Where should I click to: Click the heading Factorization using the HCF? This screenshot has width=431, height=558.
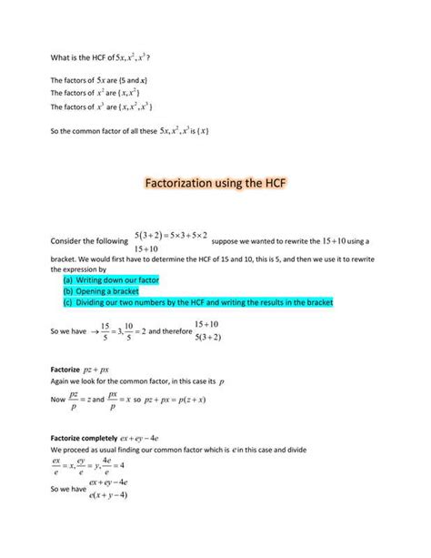point(215,184)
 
